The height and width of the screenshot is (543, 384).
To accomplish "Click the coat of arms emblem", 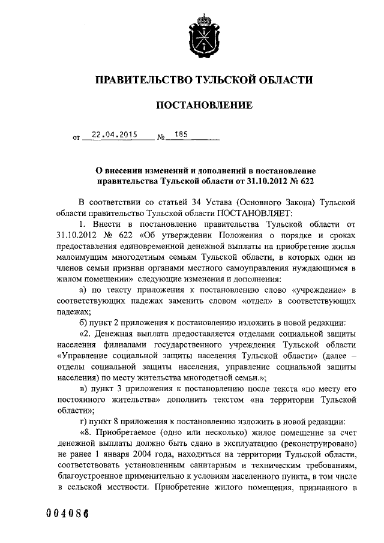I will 204,35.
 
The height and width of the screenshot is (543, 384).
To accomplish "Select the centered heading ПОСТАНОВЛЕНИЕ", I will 204,106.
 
